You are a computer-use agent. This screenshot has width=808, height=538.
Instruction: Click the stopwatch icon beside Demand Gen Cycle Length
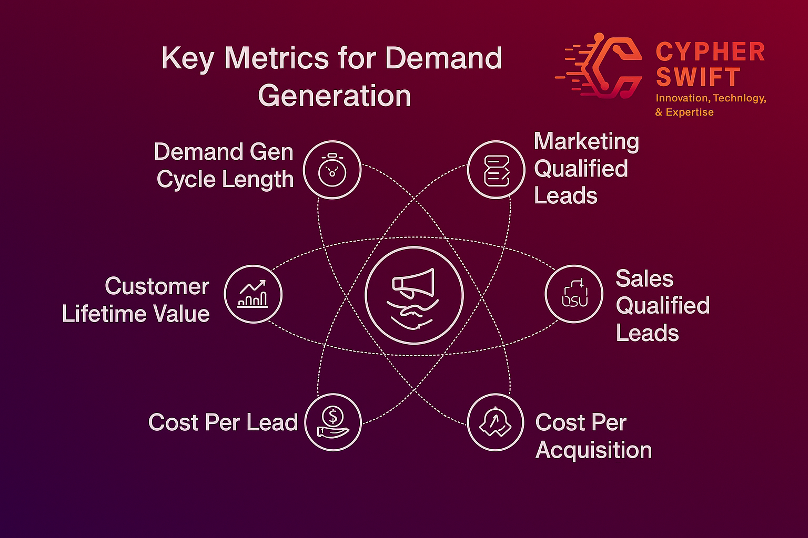pos(332,170)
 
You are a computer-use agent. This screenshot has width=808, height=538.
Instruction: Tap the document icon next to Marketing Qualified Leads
pos(497,171)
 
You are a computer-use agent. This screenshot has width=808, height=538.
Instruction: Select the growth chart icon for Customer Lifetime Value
pos(253,294)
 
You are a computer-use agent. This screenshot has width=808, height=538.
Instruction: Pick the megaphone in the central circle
pos(413,283)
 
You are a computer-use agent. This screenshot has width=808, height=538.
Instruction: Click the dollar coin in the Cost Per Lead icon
pos(332,416)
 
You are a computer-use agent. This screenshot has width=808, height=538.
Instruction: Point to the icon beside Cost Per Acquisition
pos(495,422)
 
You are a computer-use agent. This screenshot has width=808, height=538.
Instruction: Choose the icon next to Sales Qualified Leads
pos(574,293)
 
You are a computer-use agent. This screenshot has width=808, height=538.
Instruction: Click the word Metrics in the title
pos(276,58)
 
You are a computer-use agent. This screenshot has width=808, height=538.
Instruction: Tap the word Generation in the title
pos(335,96)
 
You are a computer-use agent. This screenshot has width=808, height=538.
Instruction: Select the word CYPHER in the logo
pos(710,52)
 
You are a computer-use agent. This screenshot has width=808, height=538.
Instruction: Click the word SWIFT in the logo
pos(698,77)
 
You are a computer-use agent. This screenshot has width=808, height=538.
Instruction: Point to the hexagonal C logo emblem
pos(599,66)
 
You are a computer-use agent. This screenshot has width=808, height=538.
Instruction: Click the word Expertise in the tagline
pos(690,112)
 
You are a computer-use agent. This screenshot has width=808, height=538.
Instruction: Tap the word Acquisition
pos(594,450)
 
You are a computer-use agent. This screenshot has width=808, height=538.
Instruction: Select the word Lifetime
pos(104,314)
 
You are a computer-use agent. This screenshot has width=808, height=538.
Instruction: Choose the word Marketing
pos(587,142)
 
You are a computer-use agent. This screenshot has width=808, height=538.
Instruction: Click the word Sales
pos(644,278)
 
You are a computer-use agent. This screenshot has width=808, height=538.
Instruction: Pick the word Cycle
pos(186,180)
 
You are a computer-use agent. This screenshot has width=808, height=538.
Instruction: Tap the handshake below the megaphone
pos(413,314)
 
